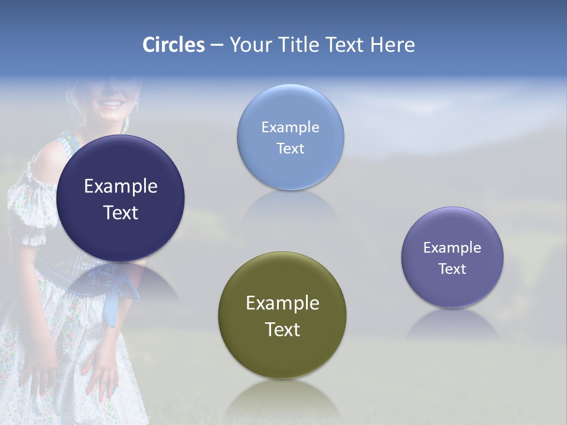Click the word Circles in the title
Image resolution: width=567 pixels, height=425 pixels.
coord(174,45)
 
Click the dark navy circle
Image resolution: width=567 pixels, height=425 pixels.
coord(120,236)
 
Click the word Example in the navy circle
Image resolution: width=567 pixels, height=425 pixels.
coord(120,187)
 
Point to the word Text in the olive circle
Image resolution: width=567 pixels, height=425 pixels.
coord(282,329)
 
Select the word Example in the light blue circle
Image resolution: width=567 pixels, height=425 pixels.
coord(290,127)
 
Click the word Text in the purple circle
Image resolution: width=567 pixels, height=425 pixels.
coord(452,269)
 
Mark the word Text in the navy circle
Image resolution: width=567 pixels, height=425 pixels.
coord(120,212)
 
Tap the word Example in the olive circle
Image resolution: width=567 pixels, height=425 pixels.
coord(282,303)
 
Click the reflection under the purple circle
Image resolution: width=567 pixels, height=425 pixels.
coord(452,325)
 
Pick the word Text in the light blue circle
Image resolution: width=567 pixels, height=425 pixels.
coord(290,149)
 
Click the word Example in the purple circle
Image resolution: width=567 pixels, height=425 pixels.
coord(452,248)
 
